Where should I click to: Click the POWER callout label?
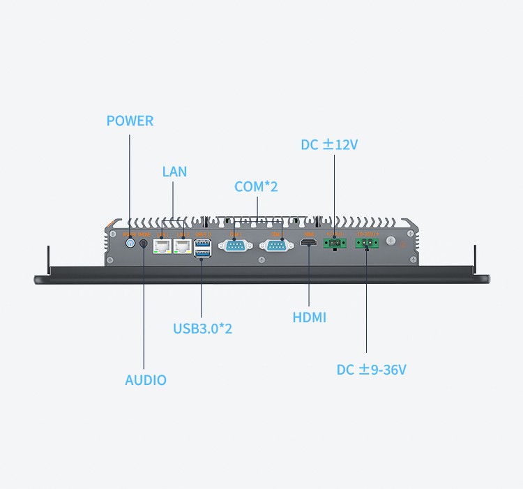(x=130, y=121)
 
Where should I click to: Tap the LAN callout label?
(x=174, y=171)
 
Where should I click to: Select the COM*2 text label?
(x=256, y=187)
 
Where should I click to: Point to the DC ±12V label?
(x=329, y=145)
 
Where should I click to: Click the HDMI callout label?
(x=310, y=317)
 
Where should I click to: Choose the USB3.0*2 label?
(x=202, y=328)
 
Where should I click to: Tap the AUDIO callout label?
(x=146, y=380)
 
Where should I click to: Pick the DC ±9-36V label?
(x=371, y=370)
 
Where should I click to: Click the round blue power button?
(x=130, y=244)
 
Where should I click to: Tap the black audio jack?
(x=144, y=244)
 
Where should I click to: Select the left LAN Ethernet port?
(x=162, y=245)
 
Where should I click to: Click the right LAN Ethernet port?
(x=183, y=245)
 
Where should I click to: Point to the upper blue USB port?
(x=202, y=241)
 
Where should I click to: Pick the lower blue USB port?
(x=202, y=250)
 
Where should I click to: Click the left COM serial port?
(x=235, y=245)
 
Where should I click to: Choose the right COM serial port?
(x=276, y=245)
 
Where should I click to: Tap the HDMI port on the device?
(x=308, y=244)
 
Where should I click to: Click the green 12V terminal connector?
(x=334, y=243)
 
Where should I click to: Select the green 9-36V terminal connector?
(x=367, y=243)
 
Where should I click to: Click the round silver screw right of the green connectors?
(x=392, y=243)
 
